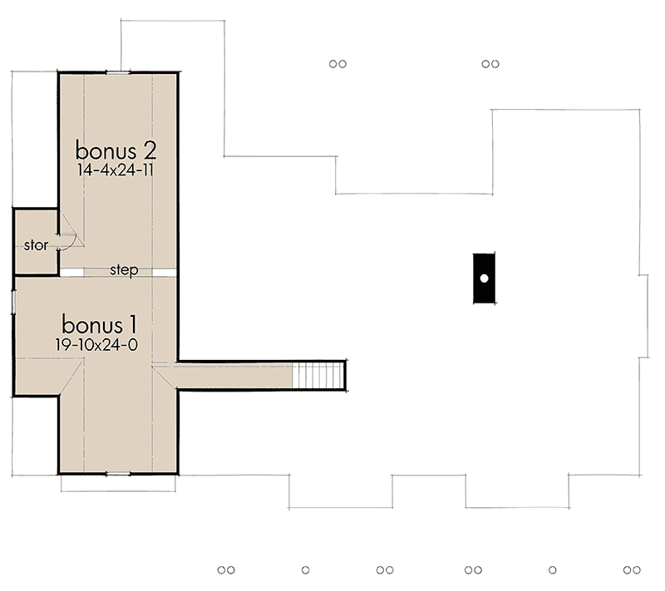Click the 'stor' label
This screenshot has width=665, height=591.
click(35, 245)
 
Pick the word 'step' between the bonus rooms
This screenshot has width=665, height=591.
click(123, 271)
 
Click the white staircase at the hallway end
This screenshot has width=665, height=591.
click(318, 376)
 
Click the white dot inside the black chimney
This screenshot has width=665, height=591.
click(482, 278)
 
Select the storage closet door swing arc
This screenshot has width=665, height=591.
click(69, 240)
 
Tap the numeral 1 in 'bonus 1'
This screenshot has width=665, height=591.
click(131, 322)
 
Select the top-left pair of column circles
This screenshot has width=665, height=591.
click(337, 62)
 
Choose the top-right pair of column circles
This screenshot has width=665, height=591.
click(490, 62)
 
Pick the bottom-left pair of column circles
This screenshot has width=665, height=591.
click(226, 570)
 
